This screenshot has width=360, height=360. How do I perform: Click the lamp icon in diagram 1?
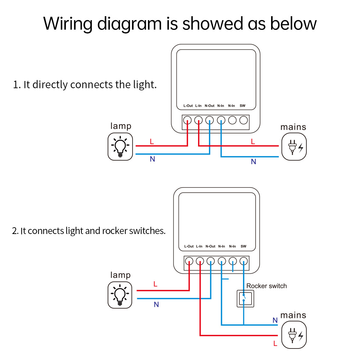pyautogui.click(x=120, y=147)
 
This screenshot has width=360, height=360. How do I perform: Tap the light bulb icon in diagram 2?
pyautogui.click(x=120, y=294)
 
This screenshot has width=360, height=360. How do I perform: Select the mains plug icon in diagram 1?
pyautogui.click(x=294, y=147)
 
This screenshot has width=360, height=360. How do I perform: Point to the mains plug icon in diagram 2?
pyautogui.click(x=294, y=335)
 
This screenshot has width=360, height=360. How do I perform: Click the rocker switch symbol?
pyautogui.click(x=244, y=298)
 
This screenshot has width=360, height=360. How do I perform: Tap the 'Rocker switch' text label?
pyautogui.click(x=266, y=286)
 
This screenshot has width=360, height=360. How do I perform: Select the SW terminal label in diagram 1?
pyautogui.click(x=243, y=106)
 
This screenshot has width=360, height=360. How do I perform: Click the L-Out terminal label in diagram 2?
pyautogui.click(x=189, y=247)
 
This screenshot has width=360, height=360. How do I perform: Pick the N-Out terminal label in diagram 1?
pyautogui.click(x=210, y=106)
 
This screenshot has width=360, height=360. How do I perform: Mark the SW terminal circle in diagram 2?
pyautogui.click(x=244, y=261)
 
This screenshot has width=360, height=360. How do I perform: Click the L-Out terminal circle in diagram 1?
pyautogui.click(x=187, y=120)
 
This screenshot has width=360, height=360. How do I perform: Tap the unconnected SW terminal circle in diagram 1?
pyautogui.click(x=244, y=120)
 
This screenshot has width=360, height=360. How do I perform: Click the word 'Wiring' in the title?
pyautogui.click(x=69, y=24)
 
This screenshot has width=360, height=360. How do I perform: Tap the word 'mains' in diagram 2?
pyautogui.click(x=293, y=315)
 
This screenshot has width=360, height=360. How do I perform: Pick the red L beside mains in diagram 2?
pyautogui.click(x=275, y=344)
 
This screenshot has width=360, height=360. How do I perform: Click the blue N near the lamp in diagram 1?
pyautogui.click(x=152, y=159)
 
